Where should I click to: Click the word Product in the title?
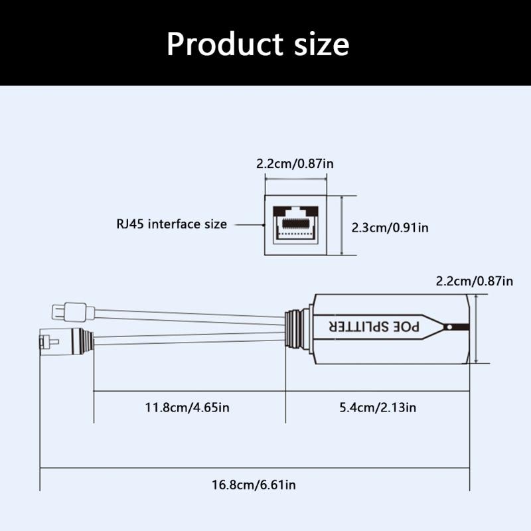pos(224,44)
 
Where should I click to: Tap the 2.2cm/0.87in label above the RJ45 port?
pos(295,163)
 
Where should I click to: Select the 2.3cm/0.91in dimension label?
pos(390,227)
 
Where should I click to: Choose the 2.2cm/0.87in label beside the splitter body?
pos(474,281)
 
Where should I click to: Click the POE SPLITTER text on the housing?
pos(374,327)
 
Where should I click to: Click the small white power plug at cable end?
pos(69,310)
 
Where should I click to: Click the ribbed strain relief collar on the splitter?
pos(297,327)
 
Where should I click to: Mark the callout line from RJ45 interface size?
pos(247,224)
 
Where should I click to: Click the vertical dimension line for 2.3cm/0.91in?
pos(342,226)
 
